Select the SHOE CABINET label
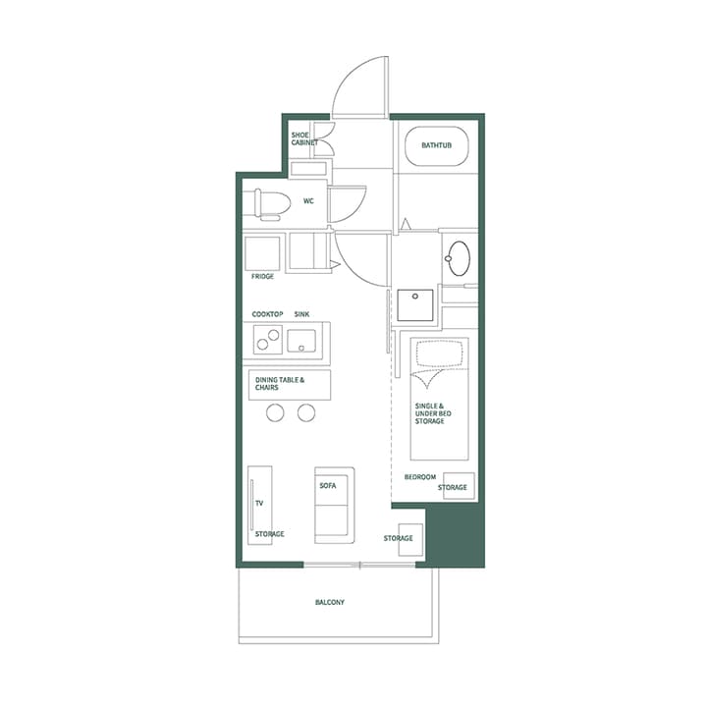303,138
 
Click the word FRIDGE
262,277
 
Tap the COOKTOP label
267,314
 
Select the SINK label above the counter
302,314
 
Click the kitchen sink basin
302,342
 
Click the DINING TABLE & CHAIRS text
280,384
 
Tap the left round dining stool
275,413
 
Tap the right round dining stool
306,413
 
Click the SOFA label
328,486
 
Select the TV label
259,503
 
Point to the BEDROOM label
420,477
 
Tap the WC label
308,201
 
